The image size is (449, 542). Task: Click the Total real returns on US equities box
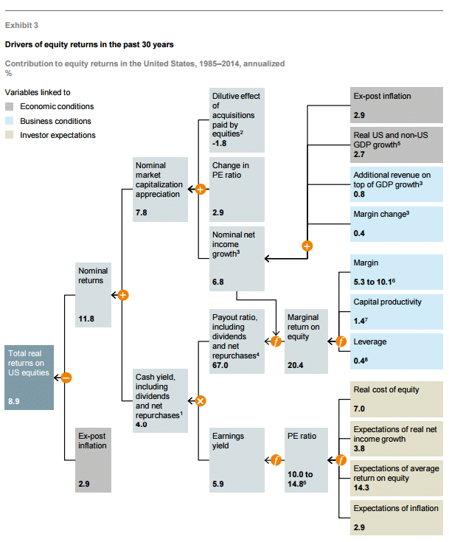29,378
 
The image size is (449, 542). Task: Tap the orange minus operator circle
66,378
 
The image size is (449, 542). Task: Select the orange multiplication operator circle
201,401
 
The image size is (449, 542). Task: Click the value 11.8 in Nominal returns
86,319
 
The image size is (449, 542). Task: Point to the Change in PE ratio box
237,190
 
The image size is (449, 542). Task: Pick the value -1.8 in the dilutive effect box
220,143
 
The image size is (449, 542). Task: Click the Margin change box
397,224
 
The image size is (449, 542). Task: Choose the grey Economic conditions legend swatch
10,106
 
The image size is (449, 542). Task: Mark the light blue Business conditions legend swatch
10,121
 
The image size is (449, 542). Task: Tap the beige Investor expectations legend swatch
10,135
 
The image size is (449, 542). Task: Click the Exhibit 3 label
21,25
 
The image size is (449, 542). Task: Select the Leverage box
397,351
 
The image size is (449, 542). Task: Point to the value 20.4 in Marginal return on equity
295,365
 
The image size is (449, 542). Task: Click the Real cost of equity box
397,399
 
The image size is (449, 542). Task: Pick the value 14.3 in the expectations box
361,487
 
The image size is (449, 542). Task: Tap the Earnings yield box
237,460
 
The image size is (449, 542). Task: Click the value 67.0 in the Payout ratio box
220,365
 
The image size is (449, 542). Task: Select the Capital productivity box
397,312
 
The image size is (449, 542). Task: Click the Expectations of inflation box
397,518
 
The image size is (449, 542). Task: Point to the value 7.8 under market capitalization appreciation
141,212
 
